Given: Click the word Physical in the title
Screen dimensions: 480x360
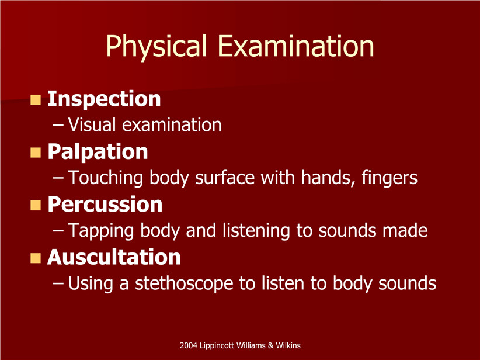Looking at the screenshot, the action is (156, 47).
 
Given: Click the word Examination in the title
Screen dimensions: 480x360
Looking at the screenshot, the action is (296, 46).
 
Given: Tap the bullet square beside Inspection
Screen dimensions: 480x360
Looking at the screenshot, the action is (36, 99).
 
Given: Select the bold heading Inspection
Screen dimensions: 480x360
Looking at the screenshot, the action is (104, 99).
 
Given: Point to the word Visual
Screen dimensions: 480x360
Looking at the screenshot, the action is (92, 124).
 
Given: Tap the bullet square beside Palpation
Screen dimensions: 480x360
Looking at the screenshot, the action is (36, 153).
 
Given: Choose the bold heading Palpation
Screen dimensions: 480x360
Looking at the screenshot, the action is (98, 152).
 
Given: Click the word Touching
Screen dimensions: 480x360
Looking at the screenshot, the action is (105, 178).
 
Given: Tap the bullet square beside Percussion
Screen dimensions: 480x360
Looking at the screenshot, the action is (36, 205).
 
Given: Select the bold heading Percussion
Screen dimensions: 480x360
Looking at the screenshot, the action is (105, 205).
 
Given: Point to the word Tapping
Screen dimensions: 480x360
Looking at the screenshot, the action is (100, 231).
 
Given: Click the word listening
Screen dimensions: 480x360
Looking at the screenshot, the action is (256, 231).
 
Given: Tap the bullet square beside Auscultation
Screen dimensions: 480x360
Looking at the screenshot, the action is (36, 258).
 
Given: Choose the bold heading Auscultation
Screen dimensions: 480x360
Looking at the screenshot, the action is (114, 257).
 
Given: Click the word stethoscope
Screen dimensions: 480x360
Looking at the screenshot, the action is (184, 283).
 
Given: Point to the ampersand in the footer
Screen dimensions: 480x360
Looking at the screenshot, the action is (270, 346).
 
